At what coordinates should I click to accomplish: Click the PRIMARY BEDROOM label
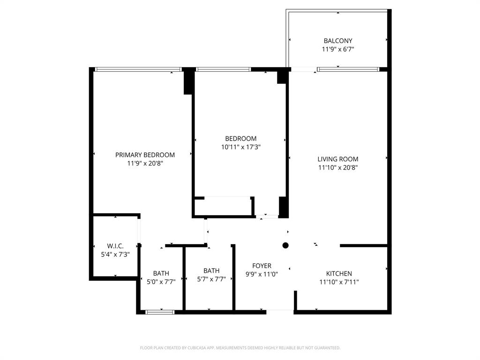(x=145, y=155)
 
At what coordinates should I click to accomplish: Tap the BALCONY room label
(x=337, y=41)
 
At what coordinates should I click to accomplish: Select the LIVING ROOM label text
(x=337, y=159)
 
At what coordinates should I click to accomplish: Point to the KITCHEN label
(x=339, y=274)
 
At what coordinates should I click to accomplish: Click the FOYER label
(x=262, y=266)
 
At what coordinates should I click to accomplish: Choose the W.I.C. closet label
(x=115, y=246)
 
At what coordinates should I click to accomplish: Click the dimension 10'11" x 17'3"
(x=241, y=147)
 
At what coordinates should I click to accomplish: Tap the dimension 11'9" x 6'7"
(x=337, y=49)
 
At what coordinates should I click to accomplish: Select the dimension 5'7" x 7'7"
(x=211, y=278)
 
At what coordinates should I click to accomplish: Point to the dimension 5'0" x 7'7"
(x=161, y=281)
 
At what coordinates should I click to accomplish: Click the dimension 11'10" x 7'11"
(x=339, y=282)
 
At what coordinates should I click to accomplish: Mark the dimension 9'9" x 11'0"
(x=262, y=274)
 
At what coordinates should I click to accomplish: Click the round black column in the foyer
(x=285, y=245)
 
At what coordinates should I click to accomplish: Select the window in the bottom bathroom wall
(x=160, y=312)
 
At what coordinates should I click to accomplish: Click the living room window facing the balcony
(x=347, y=69)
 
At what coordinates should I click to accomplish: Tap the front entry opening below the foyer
(x=280, y=311)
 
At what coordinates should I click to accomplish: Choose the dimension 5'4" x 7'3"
(x=115, y=254)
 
